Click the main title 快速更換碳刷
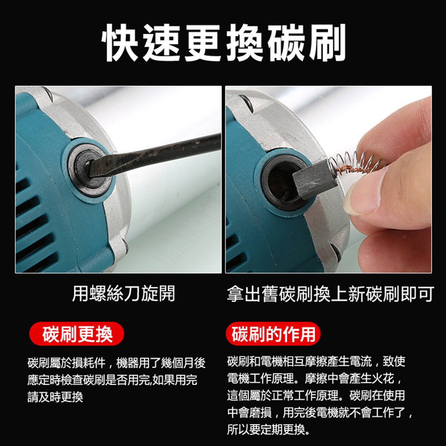click(x=223, y=43)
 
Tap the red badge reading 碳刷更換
click(x=77, y=334)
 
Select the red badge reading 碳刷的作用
click(x=273, y=334)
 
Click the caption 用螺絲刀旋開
click(x=124, y=293)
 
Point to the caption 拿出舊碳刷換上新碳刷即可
click(x=330, y=293)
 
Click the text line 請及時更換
click(x=55, y=397)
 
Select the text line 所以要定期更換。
click(x=268, y=429)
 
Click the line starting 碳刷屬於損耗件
click(x=116, y=363)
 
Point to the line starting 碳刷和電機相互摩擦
click(x=316, y=362)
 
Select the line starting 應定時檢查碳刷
click(x=112, y=380)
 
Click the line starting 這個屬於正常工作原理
click(x=316, y=395)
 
